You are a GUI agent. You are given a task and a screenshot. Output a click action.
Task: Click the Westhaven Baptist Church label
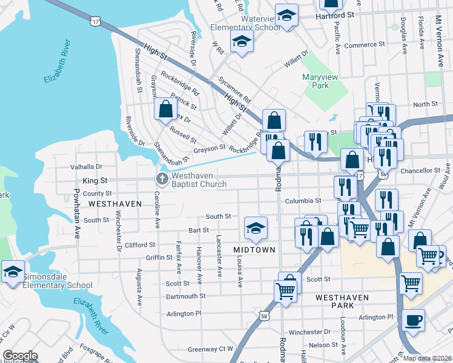tap(199, 179)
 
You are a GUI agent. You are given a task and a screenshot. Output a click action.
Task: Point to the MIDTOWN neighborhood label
tap(254, 250)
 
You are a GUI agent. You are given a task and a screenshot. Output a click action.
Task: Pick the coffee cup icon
tap(413, 320)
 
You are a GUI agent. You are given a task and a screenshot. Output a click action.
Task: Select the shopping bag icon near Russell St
tap(165, 110)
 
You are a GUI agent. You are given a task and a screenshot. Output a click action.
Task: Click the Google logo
tap(20, 356)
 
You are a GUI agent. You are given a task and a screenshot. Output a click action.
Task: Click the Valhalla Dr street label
tap(87, 166)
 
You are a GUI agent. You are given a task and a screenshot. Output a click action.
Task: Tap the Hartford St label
tap(335, 15)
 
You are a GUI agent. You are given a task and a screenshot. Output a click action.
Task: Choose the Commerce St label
tap(365, 45)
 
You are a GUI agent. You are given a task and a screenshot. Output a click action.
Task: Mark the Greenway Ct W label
tap(210, 348)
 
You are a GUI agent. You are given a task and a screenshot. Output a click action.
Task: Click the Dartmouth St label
tap(186, 296)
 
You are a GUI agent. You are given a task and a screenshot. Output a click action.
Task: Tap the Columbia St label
tap(303, 200)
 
